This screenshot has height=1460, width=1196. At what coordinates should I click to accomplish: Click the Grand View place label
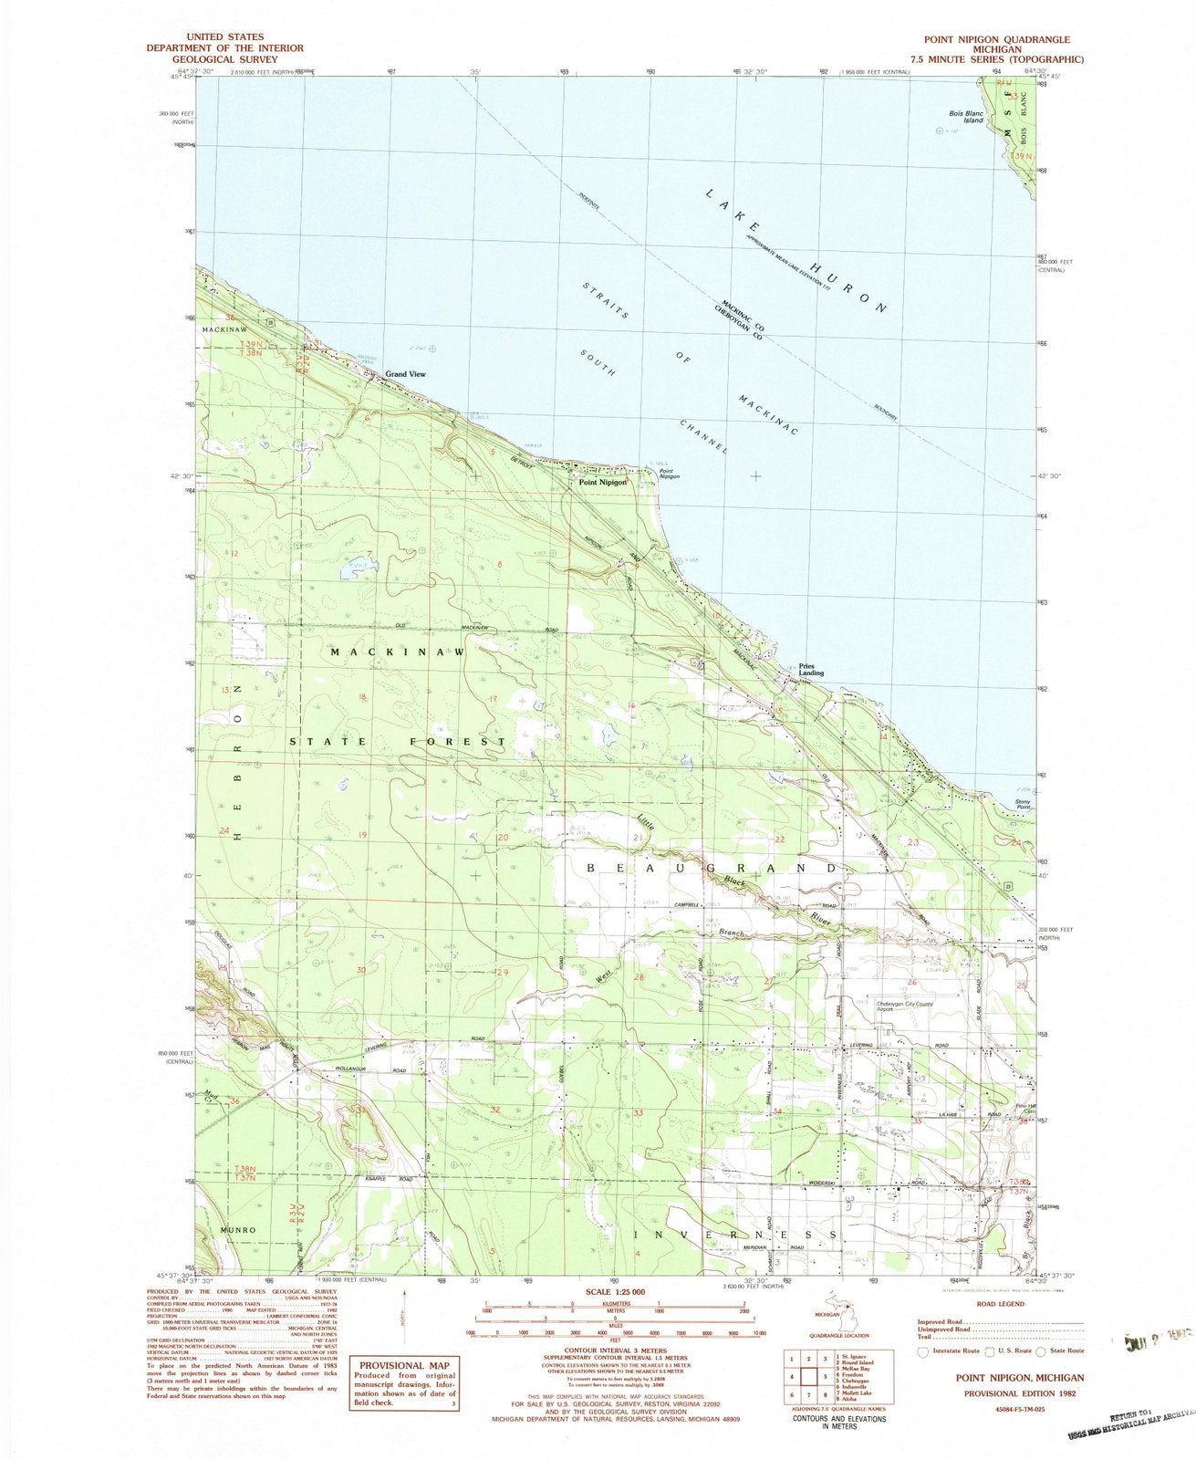405,374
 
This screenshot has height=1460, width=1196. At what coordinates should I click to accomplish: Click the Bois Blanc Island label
963,115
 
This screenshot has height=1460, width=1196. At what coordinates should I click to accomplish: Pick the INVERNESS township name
735,1234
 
